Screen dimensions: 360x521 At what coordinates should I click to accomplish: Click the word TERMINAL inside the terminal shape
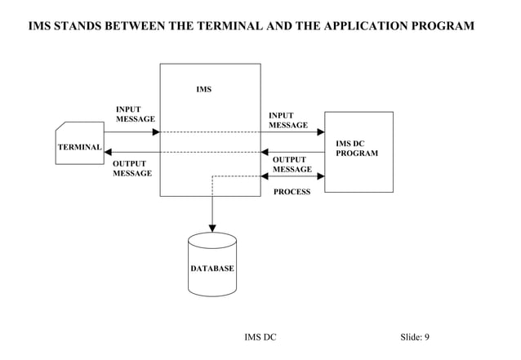79,148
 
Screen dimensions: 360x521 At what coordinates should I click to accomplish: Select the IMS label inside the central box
203,89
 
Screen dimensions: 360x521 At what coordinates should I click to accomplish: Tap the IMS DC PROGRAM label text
357,149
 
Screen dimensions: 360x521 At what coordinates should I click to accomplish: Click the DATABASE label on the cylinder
212,269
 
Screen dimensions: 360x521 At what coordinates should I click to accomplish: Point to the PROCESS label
292,192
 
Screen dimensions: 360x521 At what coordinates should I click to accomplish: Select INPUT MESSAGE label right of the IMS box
288,121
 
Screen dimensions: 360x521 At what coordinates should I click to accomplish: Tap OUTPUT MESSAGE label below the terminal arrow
131,168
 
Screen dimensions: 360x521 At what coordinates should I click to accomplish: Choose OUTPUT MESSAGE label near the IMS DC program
292,164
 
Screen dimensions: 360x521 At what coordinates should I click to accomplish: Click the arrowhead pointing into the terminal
109,152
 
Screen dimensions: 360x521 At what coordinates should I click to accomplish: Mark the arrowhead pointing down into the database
212,228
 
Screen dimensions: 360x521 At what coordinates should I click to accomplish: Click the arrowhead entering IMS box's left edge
155,132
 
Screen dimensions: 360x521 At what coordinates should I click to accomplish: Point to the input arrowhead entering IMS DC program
320,132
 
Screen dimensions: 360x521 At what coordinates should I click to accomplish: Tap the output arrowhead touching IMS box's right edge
265,152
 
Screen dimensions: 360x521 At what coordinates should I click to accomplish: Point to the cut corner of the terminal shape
60,127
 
